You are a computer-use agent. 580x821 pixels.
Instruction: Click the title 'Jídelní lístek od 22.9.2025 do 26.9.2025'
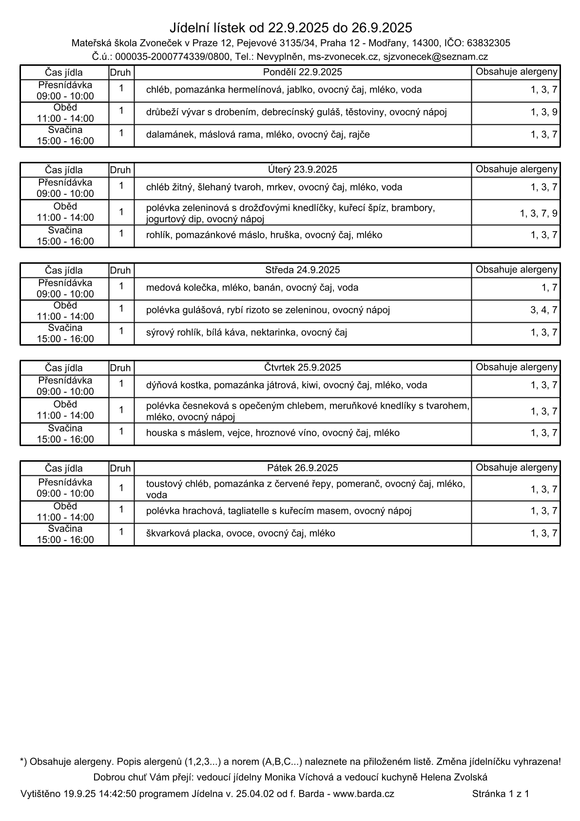(x=291, y=27)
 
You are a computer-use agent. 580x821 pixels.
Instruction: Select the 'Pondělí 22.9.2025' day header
(x=303, y=72)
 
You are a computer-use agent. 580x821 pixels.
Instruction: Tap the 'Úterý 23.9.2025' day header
(x=303, y=170)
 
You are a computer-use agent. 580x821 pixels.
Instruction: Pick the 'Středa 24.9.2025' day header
(x=303, y=270)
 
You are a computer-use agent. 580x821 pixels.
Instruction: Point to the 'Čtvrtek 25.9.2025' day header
(x=303, y=368)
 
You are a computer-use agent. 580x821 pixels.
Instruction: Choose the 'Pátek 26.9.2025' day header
(x=303, y=468)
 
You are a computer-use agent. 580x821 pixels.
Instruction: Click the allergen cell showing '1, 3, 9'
(x=544, y=112)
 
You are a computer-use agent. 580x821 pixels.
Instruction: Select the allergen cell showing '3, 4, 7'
(x=544, y=310)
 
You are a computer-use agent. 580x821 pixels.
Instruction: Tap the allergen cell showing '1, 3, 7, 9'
(x=539, y=213)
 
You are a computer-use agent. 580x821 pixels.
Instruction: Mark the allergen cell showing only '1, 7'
(x=549, y=288)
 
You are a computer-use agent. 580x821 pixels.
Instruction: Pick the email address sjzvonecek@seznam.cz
(x=435, y=57)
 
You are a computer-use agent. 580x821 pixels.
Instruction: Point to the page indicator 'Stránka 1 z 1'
(x=501, y=794)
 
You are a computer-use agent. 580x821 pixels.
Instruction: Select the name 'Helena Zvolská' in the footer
(x=454, y=777)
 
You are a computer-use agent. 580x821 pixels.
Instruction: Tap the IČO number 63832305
(x=488, y=43)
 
